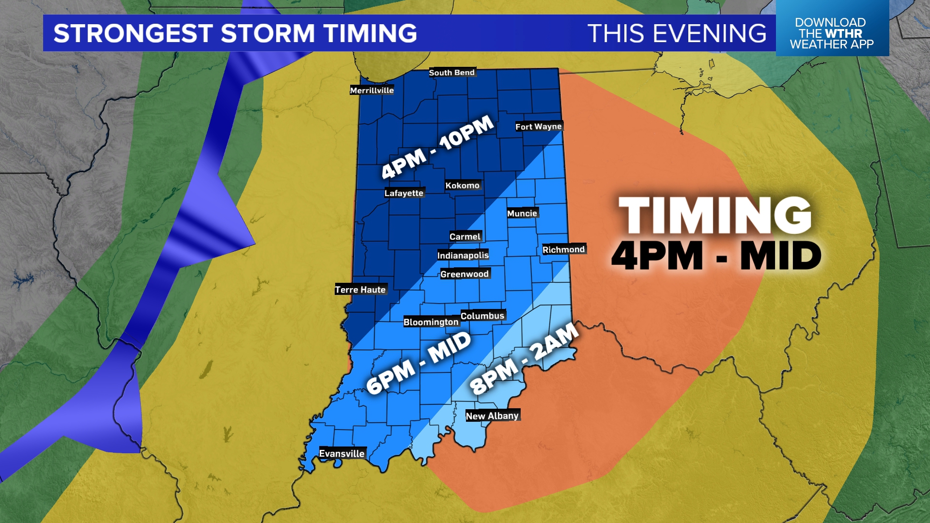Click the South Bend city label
pos(452,73)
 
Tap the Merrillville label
pos(372,91)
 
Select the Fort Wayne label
pos(539,126)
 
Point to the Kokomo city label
pos(463,185)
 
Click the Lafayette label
pos(404,193)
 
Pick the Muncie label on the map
pos(522,214)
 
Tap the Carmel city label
pos(465,237)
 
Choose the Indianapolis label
pos(463,255)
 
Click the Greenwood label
pos(465,274)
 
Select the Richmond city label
pos(564,249)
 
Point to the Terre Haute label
pos(360,290)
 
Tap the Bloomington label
pos(431,322)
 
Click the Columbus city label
pos(482,316)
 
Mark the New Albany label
pos(492,416)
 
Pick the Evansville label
pos(342,454)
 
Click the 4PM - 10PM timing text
pos(437,147)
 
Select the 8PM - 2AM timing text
pos(524,359)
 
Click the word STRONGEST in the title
pos(133,33)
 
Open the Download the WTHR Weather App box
pos(832,33)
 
